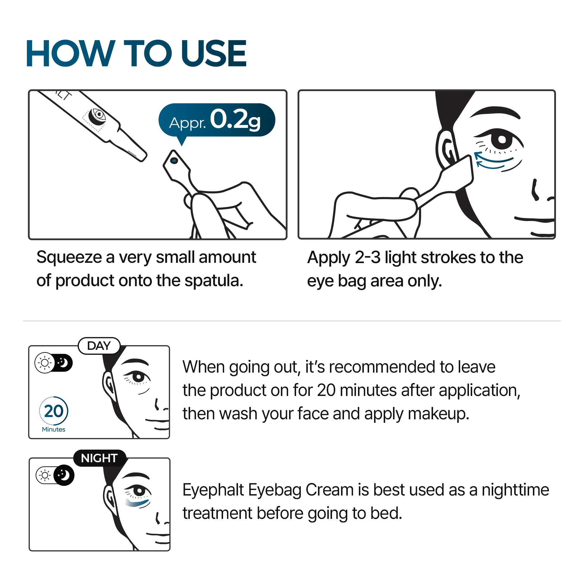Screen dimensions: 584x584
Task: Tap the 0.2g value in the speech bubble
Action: [x=235, y=120]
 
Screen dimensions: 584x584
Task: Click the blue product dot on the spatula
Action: [x=174, y=161]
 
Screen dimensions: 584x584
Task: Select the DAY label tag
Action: [x=99, y=345]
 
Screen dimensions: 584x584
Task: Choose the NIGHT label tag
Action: [x=99, y=458]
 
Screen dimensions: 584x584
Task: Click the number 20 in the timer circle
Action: [x=54, y=411]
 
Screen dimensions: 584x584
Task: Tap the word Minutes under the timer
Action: [x=53, y=430]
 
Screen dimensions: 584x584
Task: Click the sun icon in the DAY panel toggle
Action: [x=45, y=363]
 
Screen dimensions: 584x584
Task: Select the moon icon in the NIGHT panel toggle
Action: [x=64, y=475]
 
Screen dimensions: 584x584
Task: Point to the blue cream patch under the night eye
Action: [x=138, y=503]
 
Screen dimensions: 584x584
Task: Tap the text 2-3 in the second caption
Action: [x=368, y=258]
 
